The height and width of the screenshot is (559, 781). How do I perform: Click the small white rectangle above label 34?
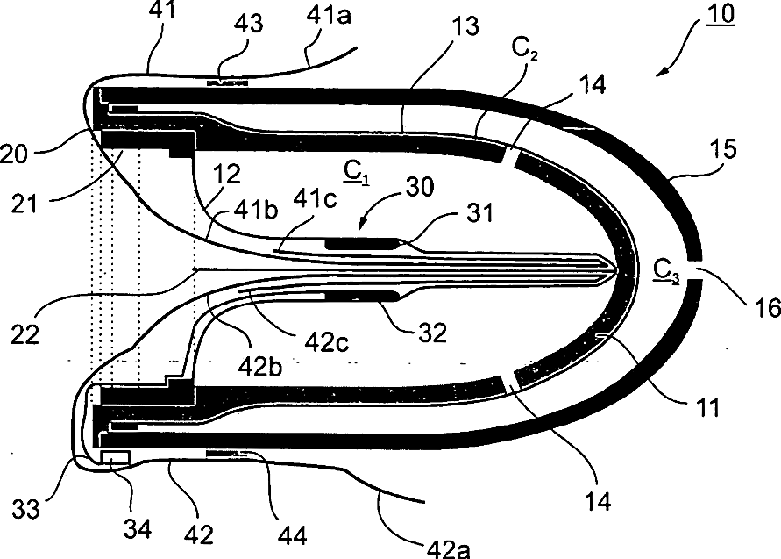(x=116, y=458)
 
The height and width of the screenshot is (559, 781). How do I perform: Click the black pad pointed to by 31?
(x=361, y=242)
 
